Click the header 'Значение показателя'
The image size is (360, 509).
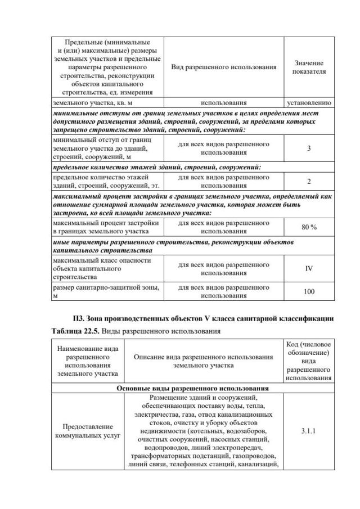(x=309, y=67)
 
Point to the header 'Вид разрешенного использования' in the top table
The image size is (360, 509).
(x=224, y=67)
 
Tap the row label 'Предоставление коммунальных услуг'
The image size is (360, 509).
(x=87, y=431)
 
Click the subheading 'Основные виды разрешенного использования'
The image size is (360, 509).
(x=192, y=388)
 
